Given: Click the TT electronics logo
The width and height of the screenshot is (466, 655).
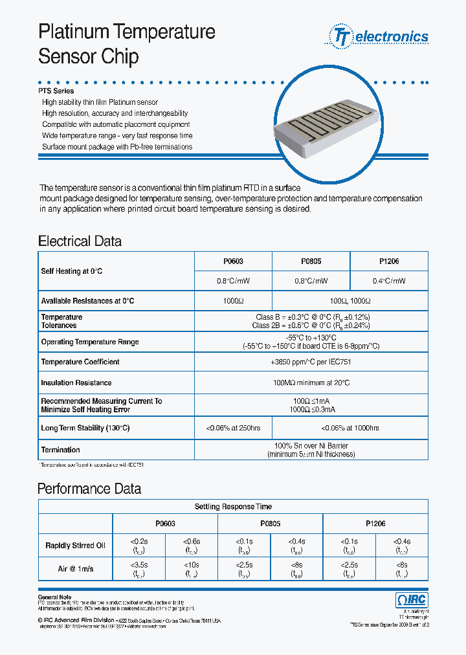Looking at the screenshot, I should coord(380,36).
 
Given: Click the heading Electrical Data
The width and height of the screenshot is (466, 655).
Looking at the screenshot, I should coord(80,241).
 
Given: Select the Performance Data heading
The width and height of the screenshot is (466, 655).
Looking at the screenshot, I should coord(89,489).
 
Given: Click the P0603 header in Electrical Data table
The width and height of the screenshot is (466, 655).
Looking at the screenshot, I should coord(233,261).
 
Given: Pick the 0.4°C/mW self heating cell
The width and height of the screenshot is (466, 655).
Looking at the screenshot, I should coord(388,281).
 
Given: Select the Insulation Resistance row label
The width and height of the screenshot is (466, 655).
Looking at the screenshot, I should coord(76,383).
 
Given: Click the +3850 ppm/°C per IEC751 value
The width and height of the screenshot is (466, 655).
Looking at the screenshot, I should coord(311,362).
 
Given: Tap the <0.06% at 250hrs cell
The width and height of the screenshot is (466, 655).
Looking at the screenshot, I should coord(233,428).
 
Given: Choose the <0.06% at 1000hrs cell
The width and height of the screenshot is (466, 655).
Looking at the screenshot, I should coord(349,428).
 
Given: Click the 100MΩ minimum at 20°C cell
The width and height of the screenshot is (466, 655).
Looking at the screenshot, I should coord(311,383).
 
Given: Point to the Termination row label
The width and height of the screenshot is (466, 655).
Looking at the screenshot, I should coord(61,450).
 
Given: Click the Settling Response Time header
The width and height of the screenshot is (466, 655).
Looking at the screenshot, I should coord(233,507).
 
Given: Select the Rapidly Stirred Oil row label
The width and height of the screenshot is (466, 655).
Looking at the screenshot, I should coord(75,546).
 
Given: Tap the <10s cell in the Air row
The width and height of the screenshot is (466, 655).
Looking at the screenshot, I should coord(192,569).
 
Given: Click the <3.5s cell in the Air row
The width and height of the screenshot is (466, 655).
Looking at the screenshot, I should coord(139,569).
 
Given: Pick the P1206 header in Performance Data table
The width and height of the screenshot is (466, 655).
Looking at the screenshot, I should coord(375,524).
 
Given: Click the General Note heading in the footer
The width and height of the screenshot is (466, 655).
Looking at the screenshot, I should coord(55,597).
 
